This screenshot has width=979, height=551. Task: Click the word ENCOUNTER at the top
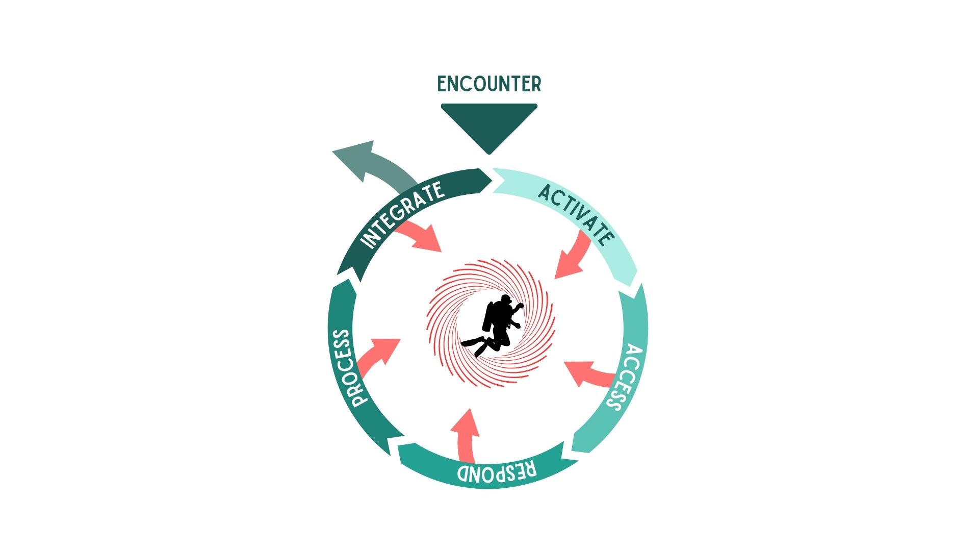pos(489,84)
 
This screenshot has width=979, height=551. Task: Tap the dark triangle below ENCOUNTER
pos(489,125)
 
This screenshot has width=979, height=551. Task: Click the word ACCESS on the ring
pos(625,378)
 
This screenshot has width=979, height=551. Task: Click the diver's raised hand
pos(520,307)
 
